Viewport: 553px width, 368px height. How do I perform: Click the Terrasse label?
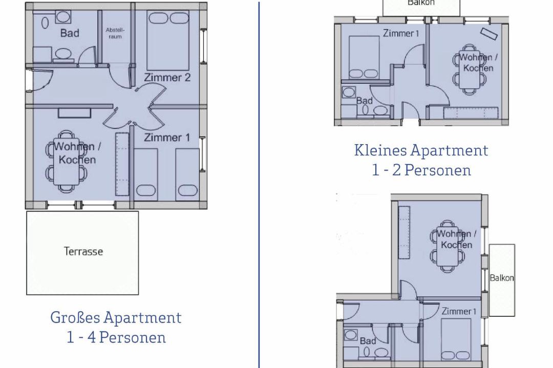pyautogui.click(x=83, y=251)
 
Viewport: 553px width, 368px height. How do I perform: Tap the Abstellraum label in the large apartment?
pyautogui.click(x=115, y=33)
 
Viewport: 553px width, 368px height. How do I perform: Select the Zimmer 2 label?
pyautogui.click(x=167, y=78)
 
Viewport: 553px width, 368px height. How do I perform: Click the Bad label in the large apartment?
pyautogui.click(x=70, y=33)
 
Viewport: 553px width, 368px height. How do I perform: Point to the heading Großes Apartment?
pyautogui.click(x=116, y=317)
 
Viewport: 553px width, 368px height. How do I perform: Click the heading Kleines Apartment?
pyautogui.click(x=421, y=150)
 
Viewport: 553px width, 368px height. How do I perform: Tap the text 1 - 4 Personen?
pyautogui.click(x=116, y=337)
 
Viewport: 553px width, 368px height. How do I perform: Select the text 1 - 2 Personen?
pyautogui.click(x=421, y=170)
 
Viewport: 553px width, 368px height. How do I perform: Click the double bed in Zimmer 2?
pyautogui.click(x=168, y=40)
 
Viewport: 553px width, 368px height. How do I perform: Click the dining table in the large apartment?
pyautogui.click(x=66, y=162)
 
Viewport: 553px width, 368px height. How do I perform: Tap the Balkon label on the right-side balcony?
pyautogui.click(x=501, y=278)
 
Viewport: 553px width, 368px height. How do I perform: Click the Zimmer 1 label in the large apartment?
pyautogui.click(x=167, y=137)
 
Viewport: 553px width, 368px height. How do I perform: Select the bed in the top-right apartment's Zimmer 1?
pyautogui.click(x=364, y=57)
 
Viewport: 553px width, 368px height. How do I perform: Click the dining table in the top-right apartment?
pyautogui.click(x=469, y=70)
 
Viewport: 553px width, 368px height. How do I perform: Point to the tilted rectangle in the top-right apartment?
pyautogui.click(x=489, y=33)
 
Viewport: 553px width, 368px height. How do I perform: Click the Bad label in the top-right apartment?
pyautogui.click(x=365, y=101)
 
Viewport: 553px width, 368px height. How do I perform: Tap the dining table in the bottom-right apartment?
pyautogui.click(x=447, y=246)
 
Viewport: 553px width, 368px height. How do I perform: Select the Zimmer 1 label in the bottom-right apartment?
pyautogui.click(x=459, y=311)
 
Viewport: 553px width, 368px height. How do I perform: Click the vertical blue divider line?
pyautogui.click(x=259, y=185)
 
